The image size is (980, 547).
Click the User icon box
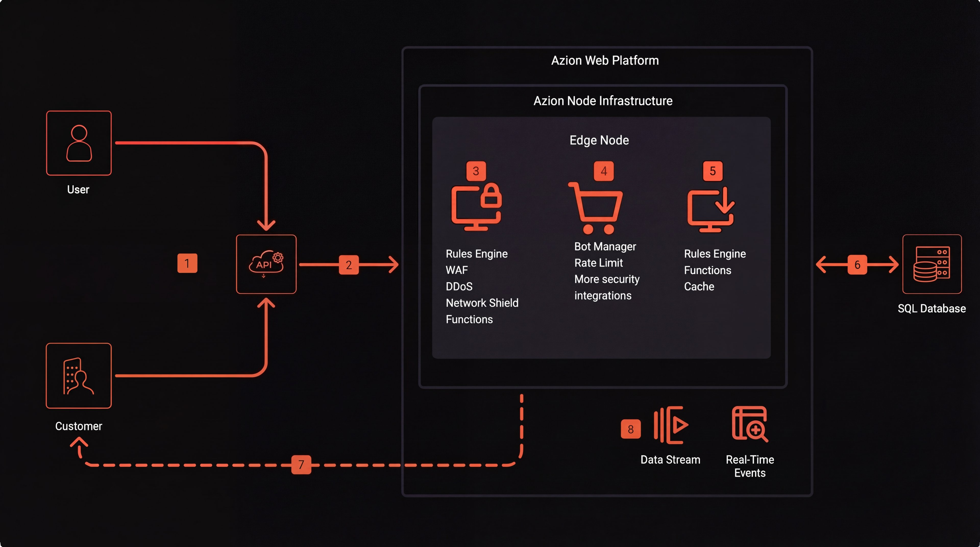click(x=79, y=143)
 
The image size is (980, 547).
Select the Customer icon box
click(x=79, y=376)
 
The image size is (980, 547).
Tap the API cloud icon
click(x=266, y=264)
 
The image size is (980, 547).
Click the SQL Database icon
click(x=932, y=264)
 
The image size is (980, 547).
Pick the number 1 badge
click(x=187, y=263)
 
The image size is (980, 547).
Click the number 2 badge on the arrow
click(x=348, y=265)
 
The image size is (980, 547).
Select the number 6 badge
click(x=857, y=265)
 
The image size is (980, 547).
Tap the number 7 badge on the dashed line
click(x=301, y=465)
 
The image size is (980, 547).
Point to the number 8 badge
click(x=630, y=429)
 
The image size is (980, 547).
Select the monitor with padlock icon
click(x=476, y=207)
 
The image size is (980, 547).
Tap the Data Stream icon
click(x=671, y=425)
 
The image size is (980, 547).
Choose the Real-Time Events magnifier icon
click(x=750, y=424)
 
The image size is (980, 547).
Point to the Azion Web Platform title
click(x=605, y=60)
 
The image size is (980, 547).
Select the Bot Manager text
click(x=605, y=247)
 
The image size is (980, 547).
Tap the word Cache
click(x=699, y=286)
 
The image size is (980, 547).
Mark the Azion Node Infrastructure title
click(x=603, y=101)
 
